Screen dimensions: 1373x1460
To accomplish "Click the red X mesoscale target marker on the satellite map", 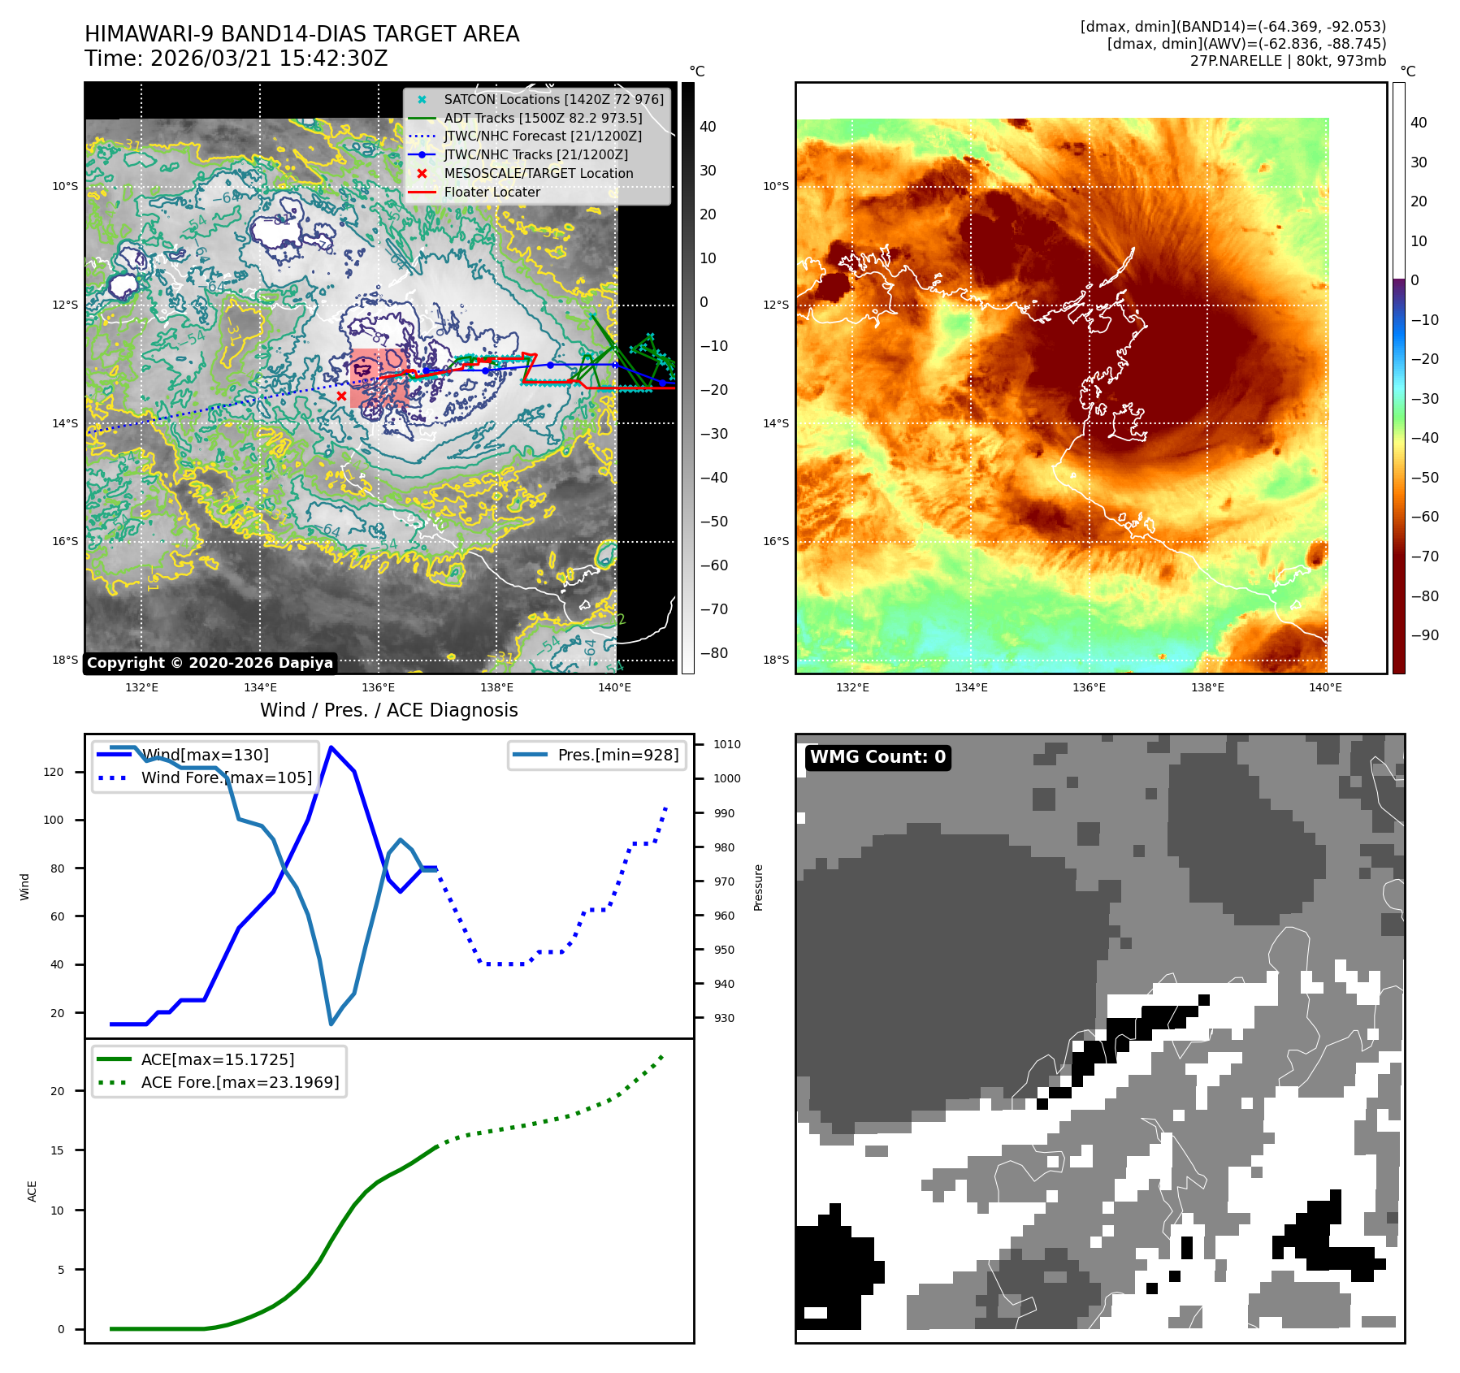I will [341, 396].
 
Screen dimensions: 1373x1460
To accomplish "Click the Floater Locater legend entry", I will [492, 193].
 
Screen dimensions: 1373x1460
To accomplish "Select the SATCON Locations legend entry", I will [553, 100].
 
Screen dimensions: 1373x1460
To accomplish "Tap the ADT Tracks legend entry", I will [543, 119].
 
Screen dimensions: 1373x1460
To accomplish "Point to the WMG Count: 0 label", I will [877, 757].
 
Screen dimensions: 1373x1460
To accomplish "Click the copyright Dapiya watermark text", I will [210, 663].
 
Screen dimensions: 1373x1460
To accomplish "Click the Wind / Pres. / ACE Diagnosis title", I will [388, 710].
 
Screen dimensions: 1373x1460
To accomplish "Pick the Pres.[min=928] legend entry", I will [617, 755].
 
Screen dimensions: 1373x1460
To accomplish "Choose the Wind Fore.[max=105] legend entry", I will [226, 777].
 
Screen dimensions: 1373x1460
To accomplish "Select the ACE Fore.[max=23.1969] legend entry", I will [240, 1082].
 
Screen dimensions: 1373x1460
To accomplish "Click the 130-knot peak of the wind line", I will [331, 747].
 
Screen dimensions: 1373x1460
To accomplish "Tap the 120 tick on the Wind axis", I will [54, 772].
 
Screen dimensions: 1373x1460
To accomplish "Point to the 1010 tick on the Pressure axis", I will [727, 744].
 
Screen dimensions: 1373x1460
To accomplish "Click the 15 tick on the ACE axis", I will [57, 1150].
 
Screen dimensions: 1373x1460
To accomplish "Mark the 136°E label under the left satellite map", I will [378, 688].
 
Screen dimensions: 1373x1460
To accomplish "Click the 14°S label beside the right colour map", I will [776, 423].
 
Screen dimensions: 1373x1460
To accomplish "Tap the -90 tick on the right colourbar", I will [1424, 635].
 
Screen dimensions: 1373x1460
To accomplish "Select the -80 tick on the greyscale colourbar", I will [714, 653].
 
